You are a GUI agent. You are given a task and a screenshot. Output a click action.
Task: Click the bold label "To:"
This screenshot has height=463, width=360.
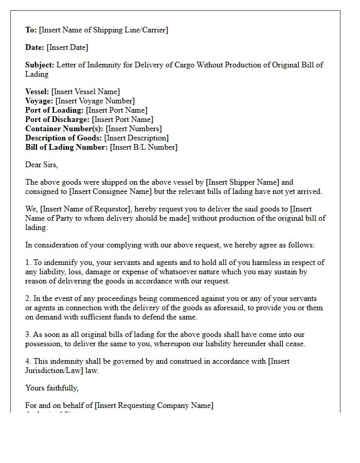pyautogui.click(x=31, y=30)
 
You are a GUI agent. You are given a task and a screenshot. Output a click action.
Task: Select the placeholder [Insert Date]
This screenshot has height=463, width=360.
pyautogui.click(x=67, y=47)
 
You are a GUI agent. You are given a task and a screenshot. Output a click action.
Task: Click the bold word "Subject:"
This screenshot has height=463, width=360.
pyautogui.click(x=40, y=65)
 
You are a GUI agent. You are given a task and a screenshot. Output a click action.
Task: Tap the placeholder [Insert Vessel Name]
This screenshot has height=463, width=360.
pyautogui.click(x=85, y=92)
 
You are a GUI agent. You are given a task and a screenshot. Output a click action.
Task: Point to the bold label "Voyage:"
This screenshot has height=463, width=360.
pyautogui.click(x=39, y=101)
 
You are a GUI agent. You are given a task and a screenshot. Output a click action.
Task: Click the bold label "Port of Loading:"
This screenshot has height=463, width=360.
pyautogui.click(x=55, y=110)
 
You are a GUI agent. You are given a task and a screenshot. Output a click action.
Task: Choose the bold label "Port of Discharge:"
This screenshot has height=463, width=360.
pyautogui.click(x=58, y=119)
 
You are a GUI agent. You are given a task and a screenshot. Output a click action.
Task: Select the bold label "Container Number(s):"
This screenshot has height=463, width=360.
pyautogui.click(x=64, y=129)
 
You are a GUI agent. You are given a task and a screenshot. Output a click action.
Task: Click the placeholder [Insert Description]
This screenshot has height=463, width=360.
pyautogui.click(x=136, y=138)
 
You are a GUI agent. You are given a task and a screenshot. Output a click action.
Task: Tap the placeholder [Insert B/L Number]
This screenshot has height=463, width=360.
pyautogui.click(x=143, y=147)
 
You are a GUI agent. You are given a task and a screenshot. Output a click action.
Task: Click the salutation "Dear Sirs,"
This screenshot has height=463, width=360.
pyautogui.click(x=42, y=165)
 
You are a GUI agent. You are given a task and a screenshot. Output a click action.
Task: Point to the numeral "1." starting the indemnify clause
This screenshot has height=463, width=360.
pyautogui.click(x=28, y=262)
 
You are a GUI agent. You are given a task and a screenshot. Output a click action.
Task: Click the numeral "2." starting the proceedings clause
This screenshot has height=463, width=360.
pyautogui.click(x=28, y=298)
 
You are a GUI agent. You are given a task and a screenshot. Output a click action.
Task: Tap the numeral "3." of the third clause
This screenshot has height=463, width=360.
pyautogui.click(x=28, y=334)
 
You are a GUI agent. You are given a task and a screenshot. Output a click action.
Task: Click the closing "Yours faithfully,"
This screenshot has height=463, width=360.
pyautogui.click(x=52, y=388)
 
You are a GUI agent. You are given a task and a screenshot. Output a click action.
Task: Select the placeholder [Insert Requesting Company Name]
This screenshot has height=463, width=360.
pyautogui.click(x=154, y=405)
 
